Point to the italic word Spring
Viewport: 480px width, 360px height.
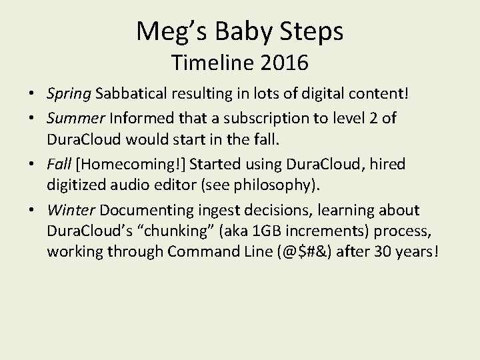click(x=69, y=94)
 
